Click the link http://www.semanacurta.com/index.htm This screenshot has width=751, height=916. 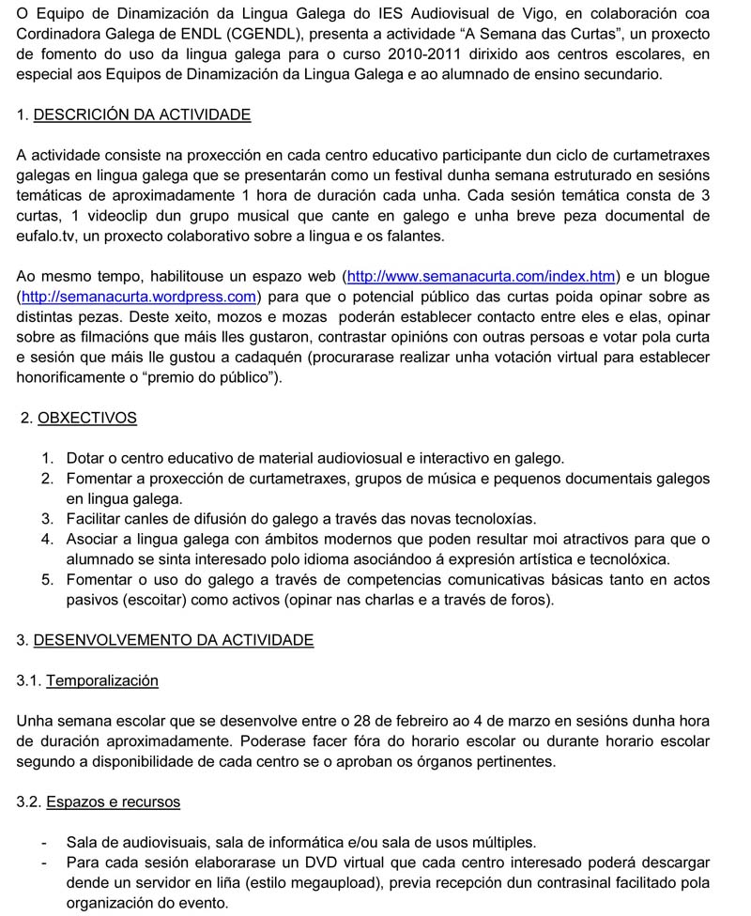click(x=483, y=277)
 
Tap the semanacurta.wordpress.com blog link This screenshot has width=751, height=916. click(x=137, y=298)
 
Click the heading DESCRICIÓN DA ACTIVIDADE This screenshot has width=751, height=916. click(x=142, y=114)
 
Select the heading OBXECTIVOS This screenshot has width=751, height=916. click(x=87, y=419)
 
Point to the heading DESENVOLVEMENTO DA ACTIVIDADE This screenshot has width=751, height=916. click(x=173, y=640)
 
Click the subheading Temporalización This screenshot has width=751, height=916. click(x=101, y=680)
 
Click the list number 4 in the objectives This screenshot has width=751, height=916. click(x=47, y=539)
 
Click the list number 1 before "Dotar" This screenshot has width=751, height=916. click(x=47, y=459)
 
